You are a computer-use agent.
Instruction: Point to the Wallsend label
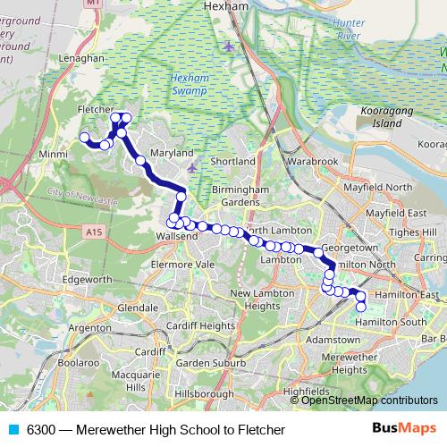174,236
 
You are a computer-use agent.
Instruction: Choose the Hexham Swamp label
192,86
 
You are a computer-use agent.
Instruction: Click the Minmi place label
55,154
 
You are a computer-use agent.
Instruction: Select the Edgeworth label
87,280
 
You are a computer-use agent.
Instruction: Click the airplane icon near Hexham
228,46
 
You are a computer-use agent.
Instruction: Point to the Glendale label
138,308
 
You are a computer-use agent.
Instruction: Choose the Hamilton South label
391,322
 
